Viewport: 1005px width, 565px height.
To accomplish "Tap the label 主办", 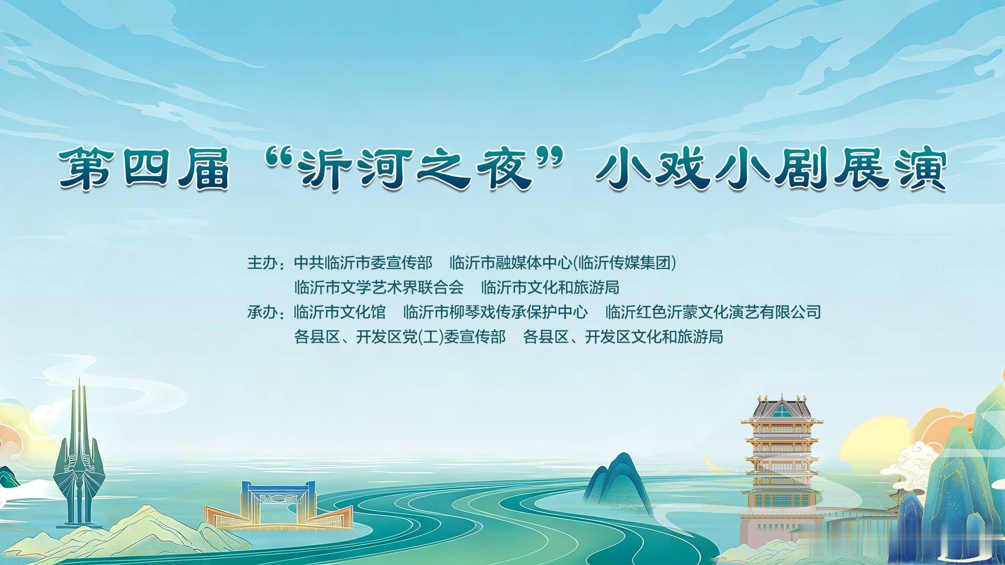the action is pyautogui.click(x=262, y=262).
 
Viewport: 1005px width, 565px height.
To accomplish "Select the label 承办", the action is pyautogui.click(x=262, y=312).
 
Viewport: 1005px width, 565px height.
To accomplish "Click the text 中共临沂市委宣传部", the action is pyautogui.click(x=363, y=262).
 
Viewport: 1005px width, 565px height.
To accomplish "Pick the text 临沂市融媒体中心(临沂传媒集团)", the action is pyautogui.click(x=563, y=262).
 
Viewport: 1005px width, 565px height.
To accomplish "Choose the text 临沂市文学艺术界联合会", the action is pyautogui.click(x=379, y=287).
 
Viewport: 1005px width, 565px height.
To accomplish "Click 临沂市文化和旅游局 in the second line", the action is pyautogui.click(x=550, y=287).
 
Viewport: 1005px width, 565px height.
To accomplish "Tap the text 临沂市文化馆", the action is pyautogui.click(x=340, y=312).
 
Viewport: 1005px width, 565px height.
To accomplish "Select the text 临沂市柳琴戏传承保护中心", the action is pyautogui.click(x=496, y=312).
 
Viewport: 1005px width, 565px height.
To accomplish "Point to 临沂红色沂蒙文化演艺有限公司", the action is pyautogui.click(x=713, y=312).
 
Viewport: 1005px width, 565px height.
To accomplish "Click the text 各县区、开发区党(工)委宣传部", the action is pyautogui.click(x=400, y=336).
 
